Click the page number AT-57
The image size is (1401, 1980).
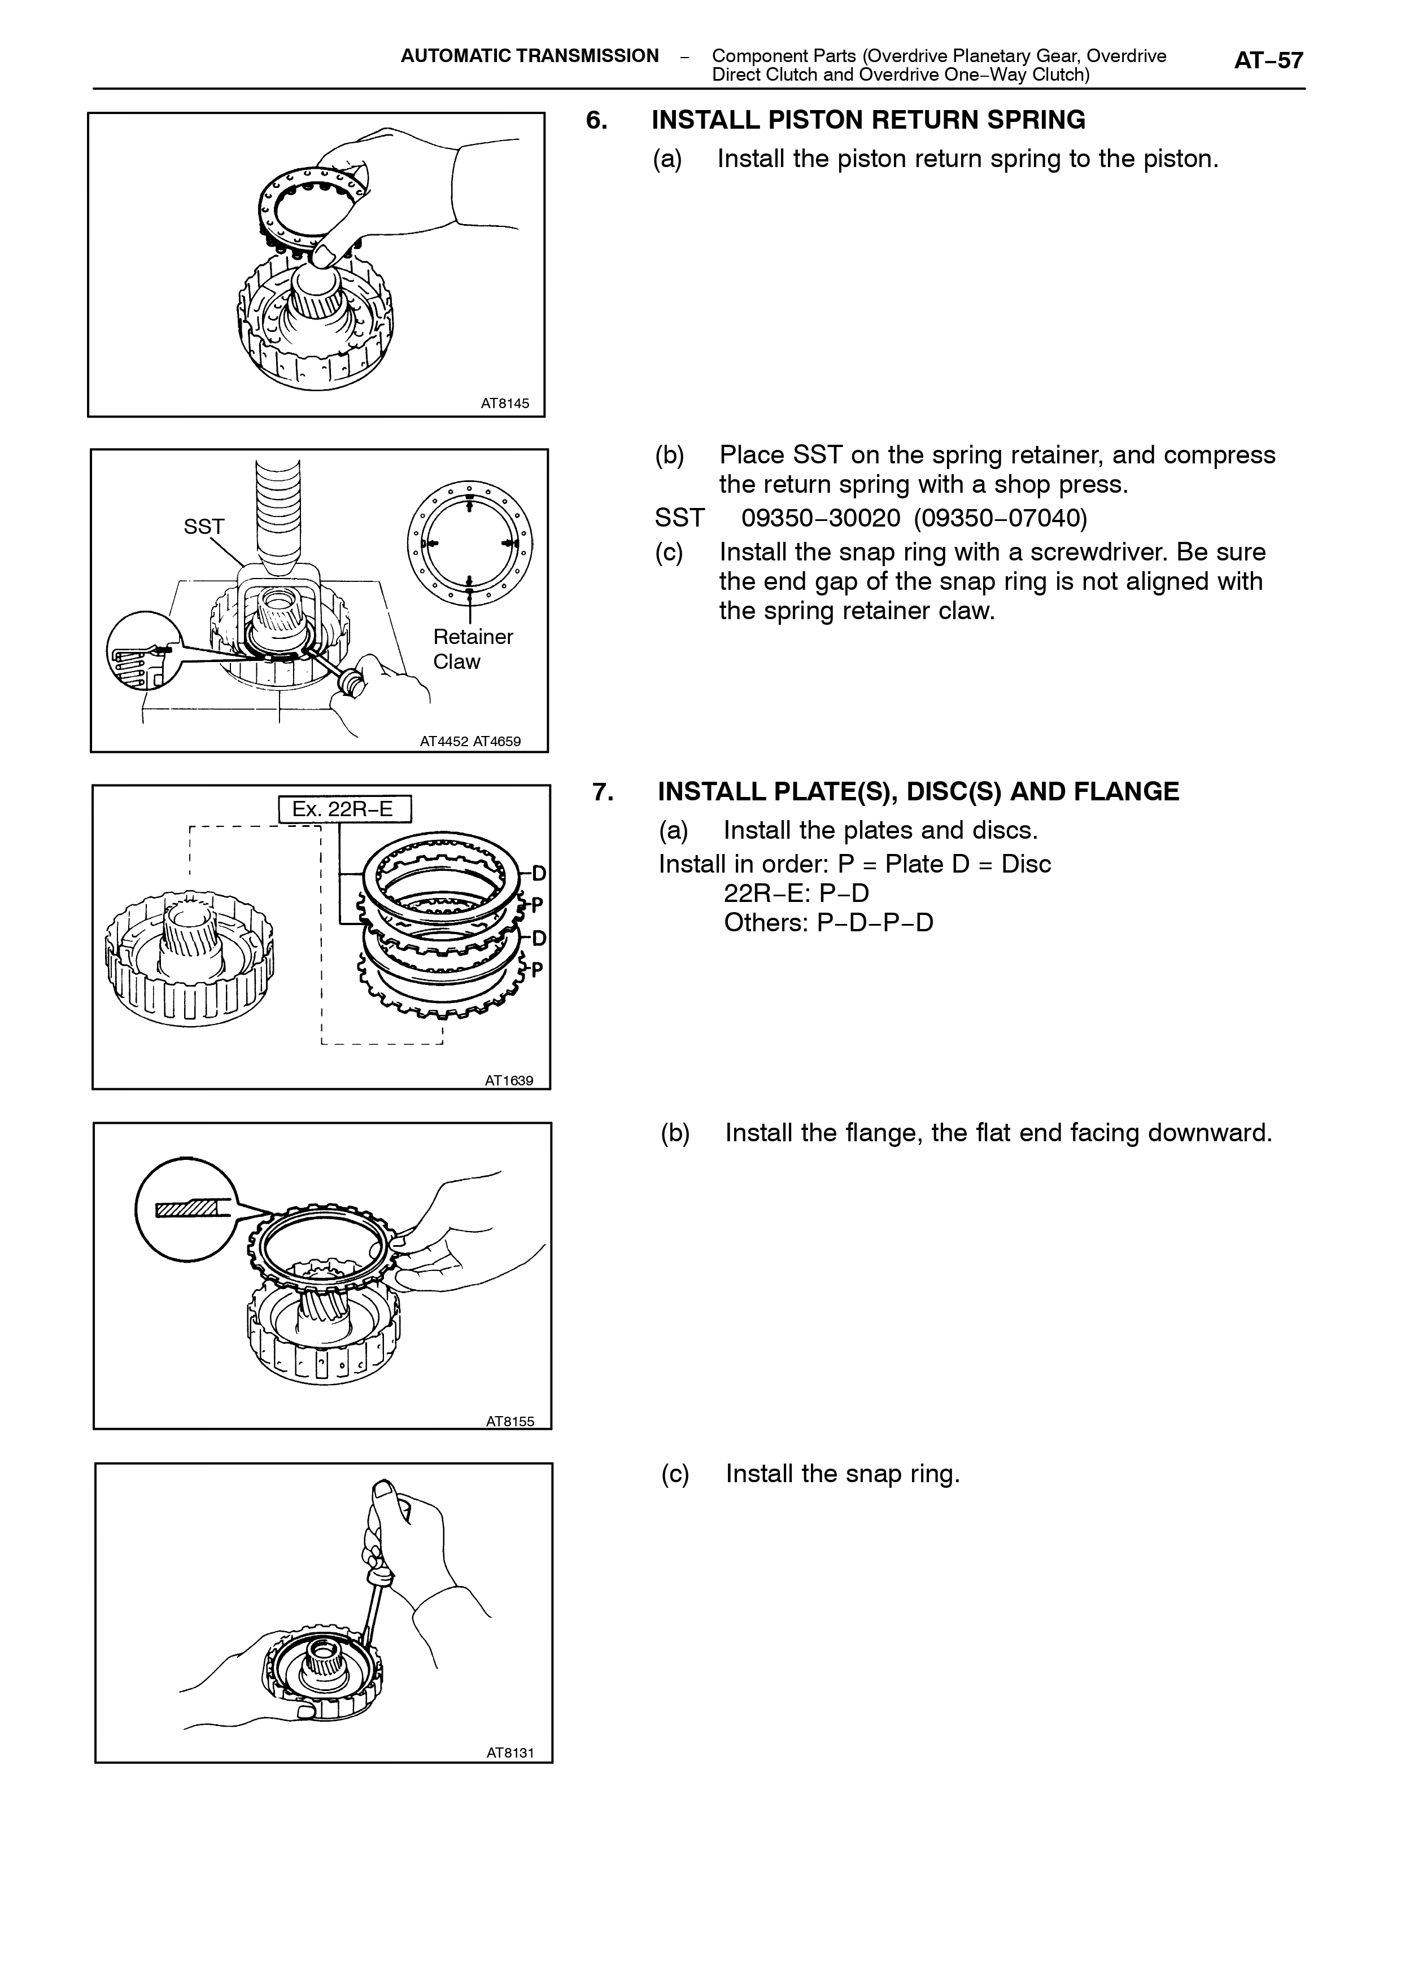click(1268, 60)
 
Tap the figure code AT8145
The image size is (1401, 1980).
click(505, 403)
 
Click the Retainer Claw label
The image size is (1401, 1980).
click(473, 649)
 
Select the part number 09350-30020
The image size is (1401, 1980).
click(821, 518)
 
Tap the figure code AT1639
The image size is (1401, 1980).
click(509, 1080)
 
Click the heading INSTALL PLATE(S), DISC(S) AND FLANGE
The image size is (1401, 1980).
click(918, 792)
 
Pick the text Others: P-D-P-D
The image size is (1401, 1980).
click(828, 923)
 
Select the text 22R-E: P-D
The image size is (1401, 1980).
click(796, 893)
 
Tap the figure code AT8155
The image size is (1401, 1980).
click(510, 1421)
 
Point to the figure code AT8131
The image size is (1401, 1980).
click(510, 1753)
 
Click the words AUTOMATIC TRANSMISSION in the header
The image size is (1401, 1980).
click(530, 56)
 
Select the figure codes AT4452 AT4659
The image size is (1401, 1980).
click(470, 741)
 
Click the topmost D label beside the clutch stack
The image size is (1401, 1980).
click(538, 874)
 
